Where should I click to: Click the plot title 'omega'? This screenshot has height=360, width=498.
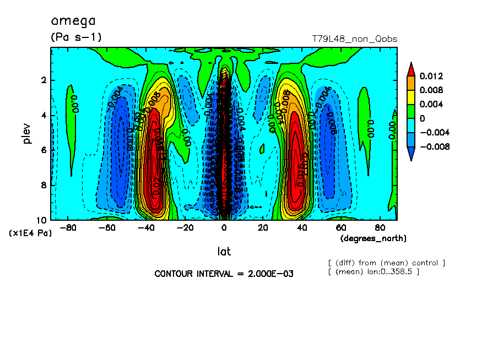click(73, 21)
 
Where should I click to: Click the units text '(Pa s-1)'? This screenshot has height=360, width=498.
click(76, 37)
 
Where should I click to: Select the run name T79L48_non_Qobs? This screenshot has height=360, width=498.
click(354, 39)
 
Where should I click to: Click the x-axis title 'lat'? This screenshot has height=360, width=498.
click(223, 251)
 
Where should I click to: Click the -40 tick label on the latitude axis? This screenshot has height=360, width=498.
click(145, 227)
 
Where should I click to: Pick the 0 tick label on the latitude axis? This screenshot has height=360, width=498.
click(224, 227)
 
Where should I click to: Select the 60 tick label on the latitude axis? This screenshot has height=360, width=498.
click(341, 227)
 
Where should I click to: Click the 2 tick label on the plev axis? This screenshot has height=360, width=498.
click(44, 80)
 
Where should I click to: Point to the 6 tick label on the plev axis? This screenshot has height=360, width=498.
click(44, 150)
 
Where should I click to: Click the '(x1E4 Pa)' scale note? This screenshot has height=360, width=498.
click(30, 233)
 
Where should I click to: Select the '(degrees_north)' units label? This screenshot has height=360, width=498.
click(373, 238)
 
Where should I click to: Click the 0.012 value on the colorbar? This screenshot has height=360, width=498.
click(431, 76)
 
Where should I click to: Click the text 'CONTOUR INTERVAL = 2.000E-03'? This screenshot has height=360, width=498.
click(224, 274)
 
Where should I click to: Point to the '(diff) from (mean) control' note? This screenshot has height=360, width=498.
click(386, 263)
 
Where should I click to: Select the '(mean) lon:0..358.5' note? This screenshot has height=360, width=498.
click(373, 271)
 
